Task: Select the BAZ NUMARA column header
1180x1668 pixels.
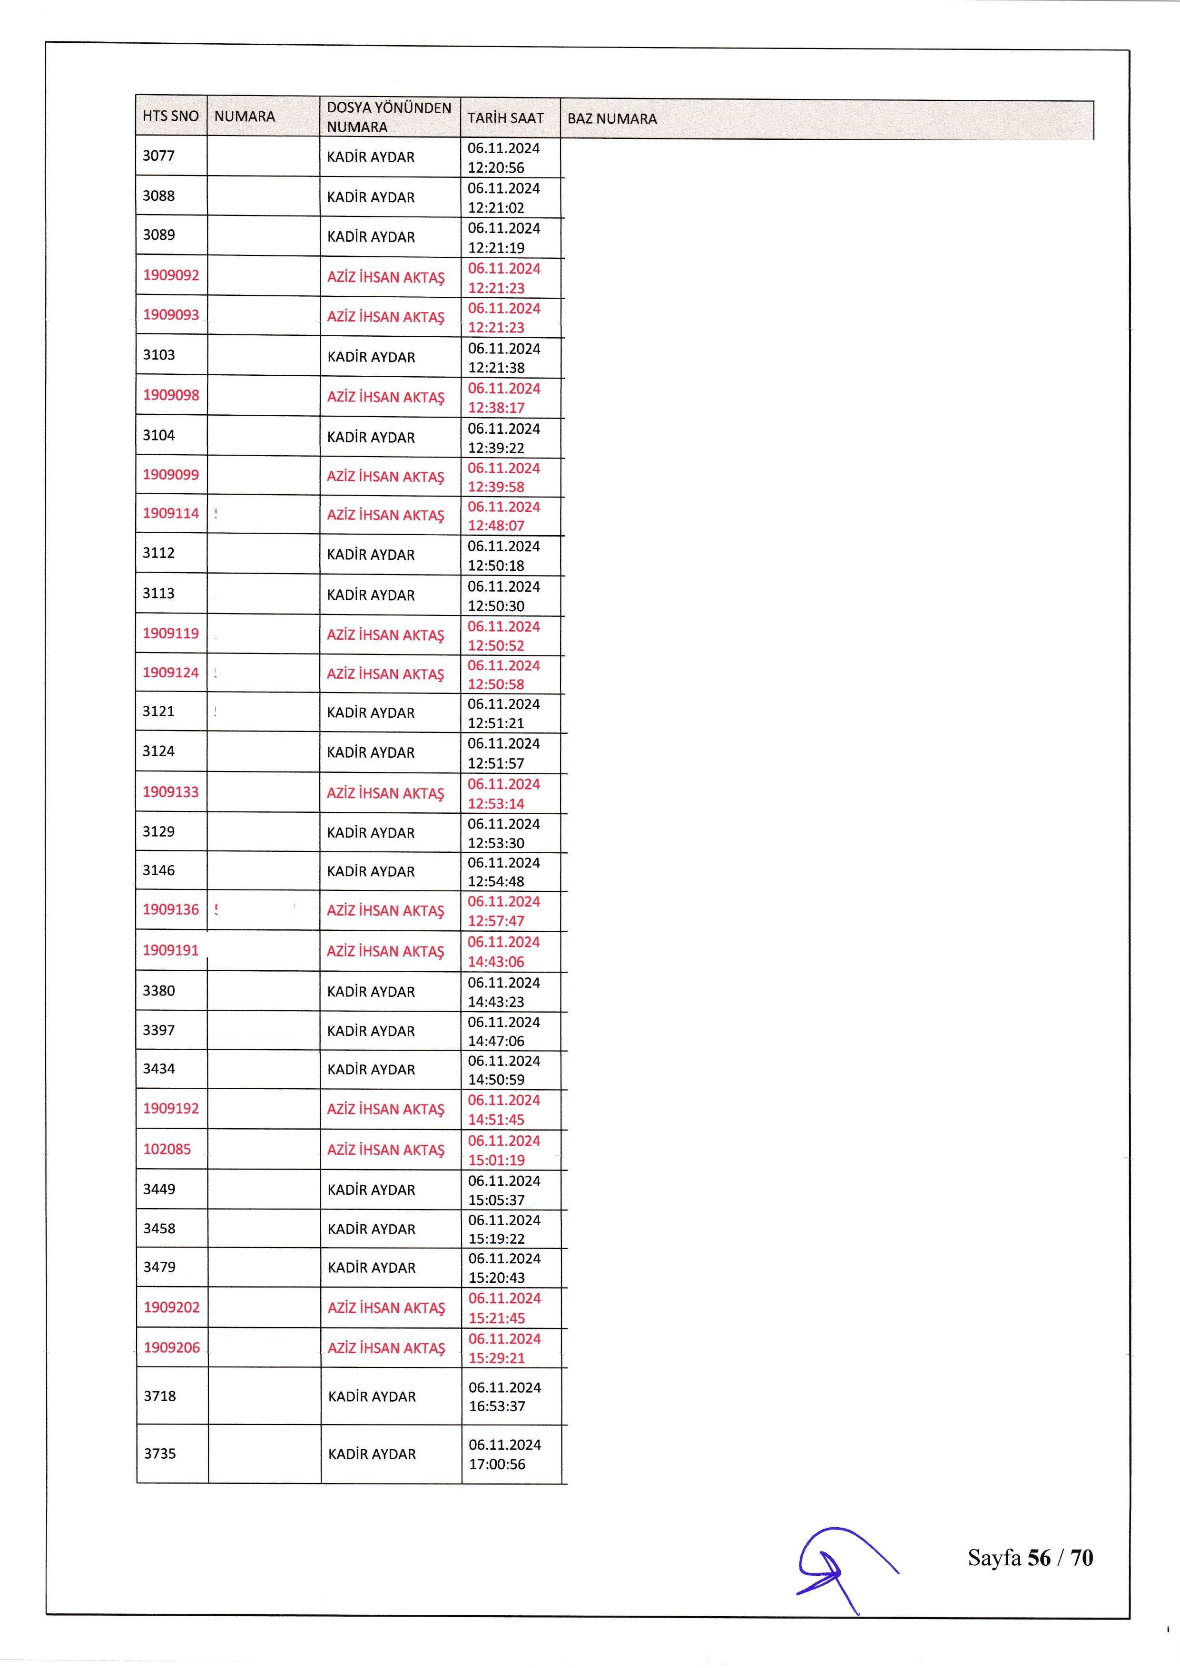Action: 612,118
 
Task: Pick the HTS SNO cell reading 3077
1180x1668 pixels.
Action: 158,156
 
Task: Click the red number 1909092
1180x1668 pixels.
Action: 171,275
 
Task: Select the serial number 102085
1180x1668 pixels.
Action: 167,1149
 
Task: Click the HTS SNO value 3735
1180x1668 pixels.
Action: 160,1453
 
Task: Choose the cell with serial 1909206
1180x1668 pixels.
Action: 171,1347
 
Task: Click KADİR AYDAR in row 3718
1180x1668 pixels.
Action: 372,1396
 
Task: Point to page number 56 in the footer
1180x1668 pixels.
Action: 1039,1558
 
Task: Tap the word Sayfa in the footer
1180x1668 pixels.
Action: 994,1558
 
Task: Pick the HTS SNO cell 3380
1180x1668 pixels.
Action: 159,991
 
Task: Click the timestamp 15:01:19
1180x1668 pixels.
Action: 496,1160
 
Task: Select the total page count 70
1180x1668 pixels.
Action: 1082,1558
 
